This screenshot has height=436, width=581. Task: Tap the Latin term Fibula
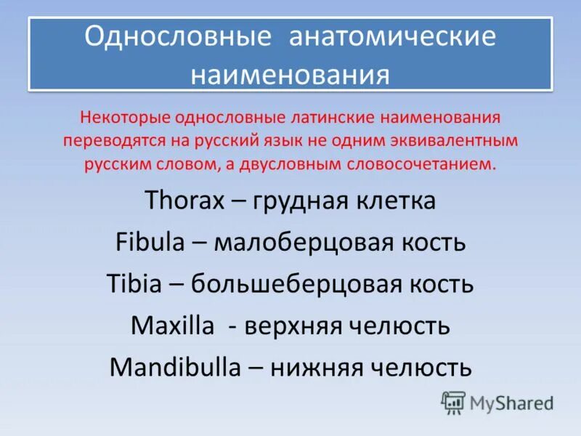[150, 242]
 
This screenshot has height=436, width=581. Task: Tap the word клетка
[395, 201]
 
